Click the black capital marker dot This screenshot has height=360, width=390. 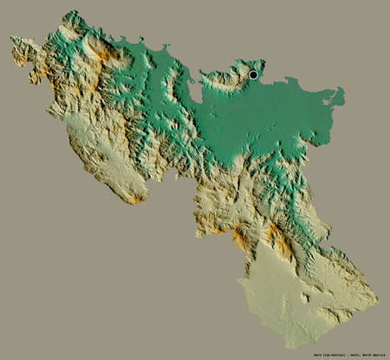(253, 75)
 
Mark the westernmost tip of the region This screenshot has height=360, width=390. (11, 39)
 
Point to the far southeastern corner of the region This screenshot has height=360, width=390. (377, 303)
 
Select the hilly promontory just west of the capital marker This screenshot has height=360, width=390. (227, 76)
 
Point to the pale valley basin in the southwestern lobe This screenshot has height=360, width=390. (104, 160)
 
